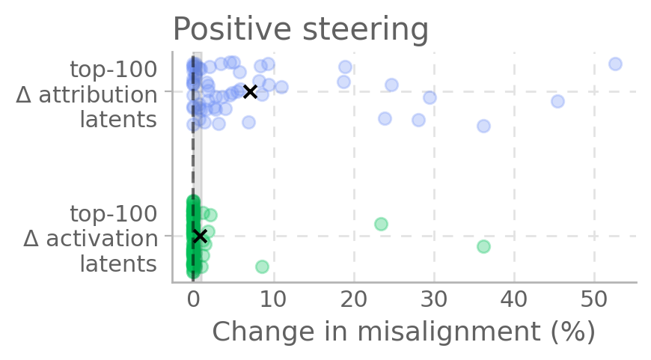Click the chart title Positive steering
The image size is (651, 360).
click(300, 30)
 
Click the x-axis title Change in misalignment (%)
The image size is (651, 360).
click(404, 332)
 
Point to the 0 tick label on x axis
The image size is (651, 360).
click(194, 298)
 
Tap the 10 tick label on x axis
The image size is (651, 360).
click(274, 298)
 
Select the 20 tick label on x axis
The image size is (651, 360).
click(354, 298)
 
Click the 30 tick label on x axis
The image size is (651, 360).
click(434, 298)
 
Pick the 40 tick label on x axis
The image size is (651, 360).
click(514, 298)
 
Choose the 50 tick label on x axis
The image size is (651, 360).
click(594, 298)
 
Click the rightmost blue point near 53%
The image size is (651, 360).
click(615, 64)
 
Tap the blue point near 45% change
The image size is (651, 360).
click(557, 101)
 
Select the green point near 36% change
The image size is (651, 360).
click(483, 246)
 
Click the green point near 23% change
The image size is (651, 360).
click(381, 224)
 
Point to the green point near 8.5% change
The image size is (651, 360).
click(262, 266)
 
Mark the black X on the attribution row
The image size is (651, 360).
click(250, 91)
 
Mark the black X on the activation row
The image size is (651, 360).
click(200, 236)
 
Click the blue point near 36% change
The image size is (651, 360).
click(483, 126)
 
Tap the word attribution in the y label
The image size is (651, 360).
click(98, 94)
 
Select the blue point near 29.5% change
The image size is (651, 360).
click(430, 97)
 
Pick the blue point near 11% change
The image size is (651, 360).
click(281, 87)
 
